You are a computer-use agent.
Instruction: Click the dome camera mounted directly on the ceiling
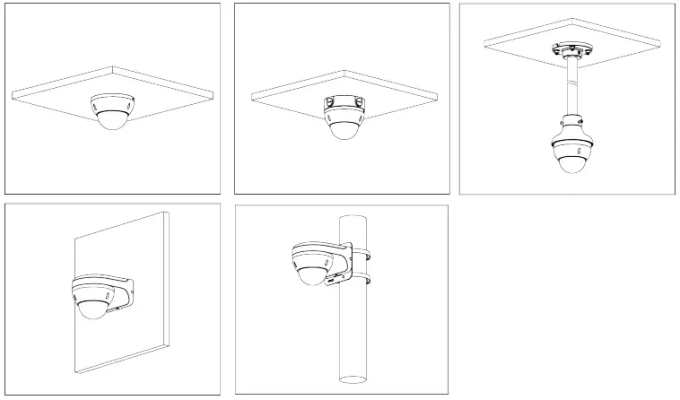(x=113, y=112)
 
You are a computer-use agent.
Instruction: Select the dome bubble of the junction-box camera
(x=342, y=129)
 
